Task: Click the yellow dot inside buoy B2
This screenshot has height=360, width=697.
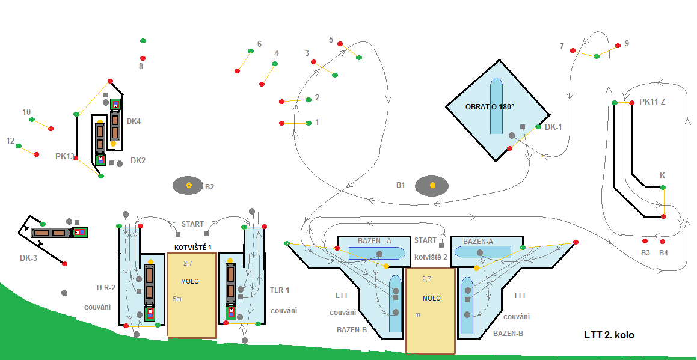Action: point(189,185)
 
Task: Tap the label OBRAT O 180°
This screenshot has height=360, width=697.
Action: point(490,107)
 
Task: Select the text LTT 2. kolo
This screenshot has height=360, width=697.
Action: point(609,335)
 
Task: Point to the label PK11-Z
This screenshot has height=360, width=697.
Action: point(652,102)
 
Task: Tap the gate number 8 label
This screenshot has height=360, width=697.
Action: point(141,66)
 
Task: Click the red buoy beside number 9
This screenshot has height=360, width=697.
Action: point(618,46)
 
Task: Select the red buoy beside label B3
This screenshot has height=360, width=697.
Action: point(645,240)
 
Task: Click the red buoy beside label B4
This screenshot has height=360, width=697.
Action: point(663,240)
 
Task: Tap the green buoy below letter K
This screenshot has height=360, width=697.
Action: point(663,188)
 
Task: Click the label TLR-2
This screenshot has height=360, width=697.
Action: point(105,288)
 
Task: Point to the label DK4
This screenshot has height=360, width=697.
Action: point(134,121)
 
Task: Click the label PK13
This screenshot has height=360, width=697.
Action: point(64,156)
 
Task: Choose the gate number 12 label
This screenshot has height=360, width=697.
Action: point(10,141)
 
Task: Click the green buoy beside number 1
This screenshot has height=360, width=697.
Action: point(308,123)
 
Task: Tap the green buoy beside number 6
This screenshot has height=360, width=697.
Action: point(250,51)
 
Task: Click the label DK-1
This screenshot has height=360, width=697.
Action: point(553,127)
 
